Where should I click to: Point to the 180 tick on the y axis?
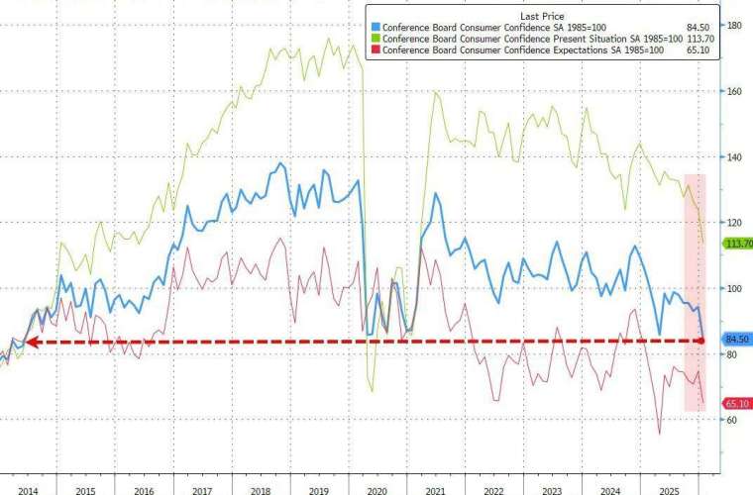pos(734,25)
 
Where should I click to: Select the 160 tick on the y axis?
pos(734,91)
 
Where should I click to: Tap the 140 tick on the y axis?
pos(734,156)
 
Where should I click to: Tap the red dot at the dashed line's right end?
pos(701,341)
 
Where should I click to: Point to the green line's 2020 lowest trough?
pos(373,391)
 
